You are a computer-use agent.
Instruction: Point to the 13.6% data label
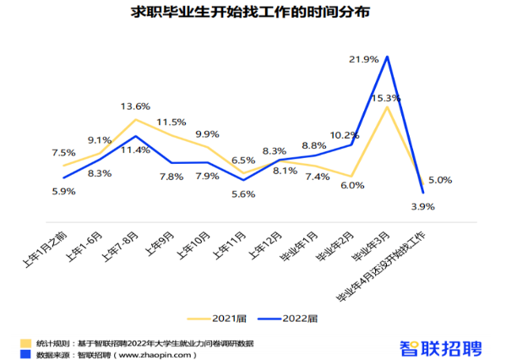(x=135, y=106)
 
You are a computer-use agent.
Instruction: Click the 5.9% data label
(x=63, y=192)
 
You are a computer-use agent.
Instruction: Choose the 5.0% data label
(x=440, y=180)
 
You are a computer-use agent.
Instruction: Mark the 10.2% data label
(x=344, y=134)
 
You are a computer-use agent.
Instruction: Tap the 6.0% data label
(x=352, y=185)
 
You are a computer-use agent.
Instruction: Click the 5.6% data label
(x=242, y=194)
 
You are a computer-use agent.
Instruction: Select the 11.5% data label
(x=171, y=123)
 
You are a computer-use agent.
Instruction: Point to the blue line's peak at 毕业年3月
(x=387, y=57)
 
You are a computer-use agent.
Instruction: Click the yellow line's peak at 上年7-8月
(x=135, y=119)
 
